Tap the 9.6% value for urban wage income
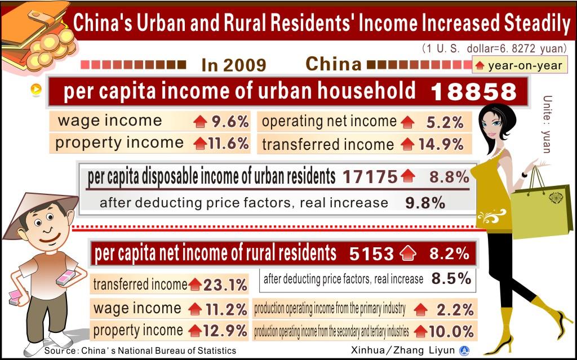tap(230, 121)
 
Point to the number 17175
tap(370, 177)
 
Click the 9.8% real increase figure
tap(425, 203)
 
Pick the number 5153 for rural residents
tap(371, 254)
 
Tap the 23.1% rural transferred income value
tap(225, 285)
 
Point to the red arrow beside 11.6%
tap(199, 144)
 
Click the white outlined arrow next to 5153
tap(407, 255)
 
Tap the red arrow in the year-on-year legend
tap(480, 66)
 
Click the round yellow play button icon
tap(35, 89)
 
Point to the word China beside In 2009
tap(334, 64)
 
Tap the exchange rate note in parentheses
tap(494, 49)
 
